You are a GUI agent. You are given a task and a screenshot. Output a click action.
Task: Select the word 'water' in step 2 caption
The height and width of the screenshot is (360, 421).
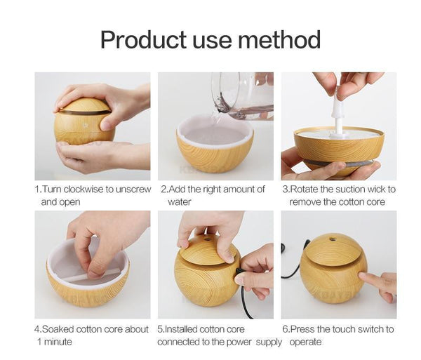click(x=179, y=201)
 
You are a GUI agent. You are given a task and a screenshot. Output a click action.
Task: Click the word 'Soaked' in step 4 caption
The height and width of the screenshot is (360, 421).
click(x=59, y=329)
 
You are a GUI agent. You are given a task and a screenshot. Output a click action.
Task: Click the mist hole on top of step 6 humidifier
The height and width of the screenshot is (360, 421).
click(x=332, y=239)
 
